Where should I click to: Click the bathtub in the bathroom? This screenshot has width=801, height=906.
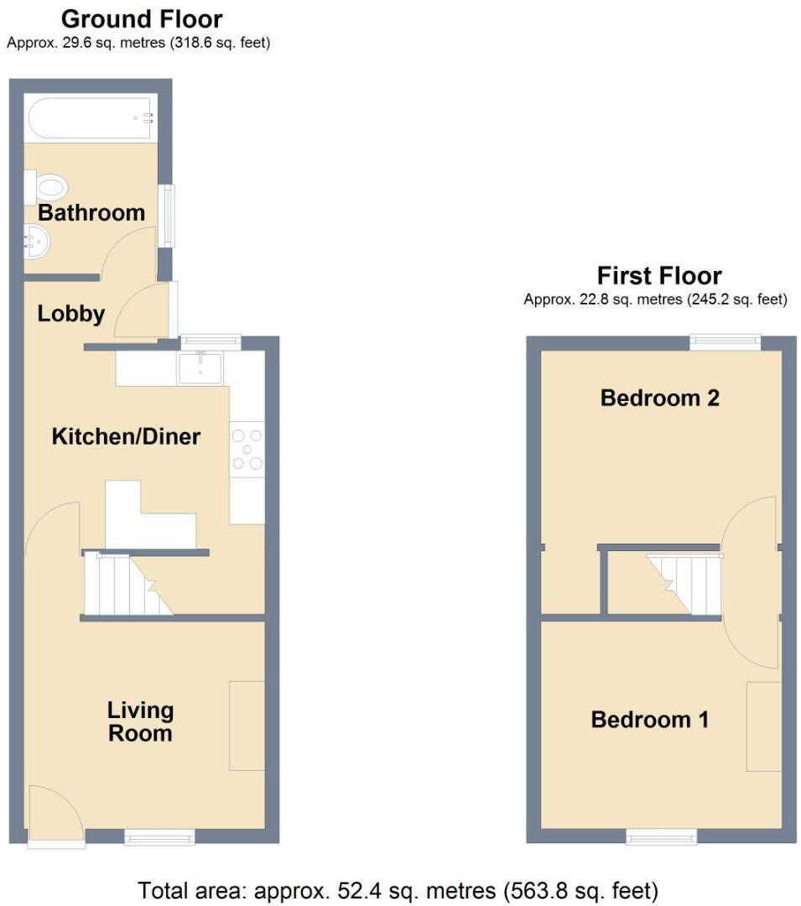[91, 119]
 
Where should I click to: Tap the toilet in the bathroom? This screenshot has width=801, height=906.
[47, 185]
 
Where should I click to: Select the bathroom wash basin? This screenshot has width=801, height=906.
[36, 242]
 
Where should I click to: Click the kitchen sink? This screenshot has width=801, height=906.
[200, 368]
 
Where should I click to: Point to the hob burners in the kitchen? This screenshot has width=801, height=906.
[247, 450]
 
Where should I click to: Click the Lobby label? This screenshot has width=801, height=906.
[71, 314]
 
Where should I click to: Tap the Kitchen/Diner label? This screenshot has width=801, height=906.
[126, 436]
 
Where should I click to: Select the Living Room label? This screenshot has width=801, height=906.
[140, 721]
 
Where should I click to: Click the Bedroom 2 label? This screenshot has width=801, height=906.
[660, 398]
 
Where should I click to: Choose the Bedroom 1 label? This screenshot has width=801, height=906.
[650, 719]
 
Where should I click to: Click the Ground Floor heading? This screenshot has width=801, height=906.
[142, 18]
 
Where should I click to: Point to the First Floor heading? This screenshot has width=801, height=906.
[659, 275]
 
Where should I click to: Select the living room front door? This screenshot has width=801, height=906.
[55, 814]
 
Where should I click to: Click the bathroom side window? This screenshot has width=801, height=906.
[169, 215]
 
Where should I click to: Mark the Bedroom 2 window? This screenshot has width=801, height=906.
[726, 341]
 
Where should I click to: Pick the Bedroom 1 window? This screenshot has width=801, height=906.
[662, 836]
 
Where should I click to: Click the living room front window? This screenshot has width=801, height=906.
[159, 836]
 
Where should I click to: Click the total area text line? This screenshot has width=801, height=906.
[398, 889]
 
